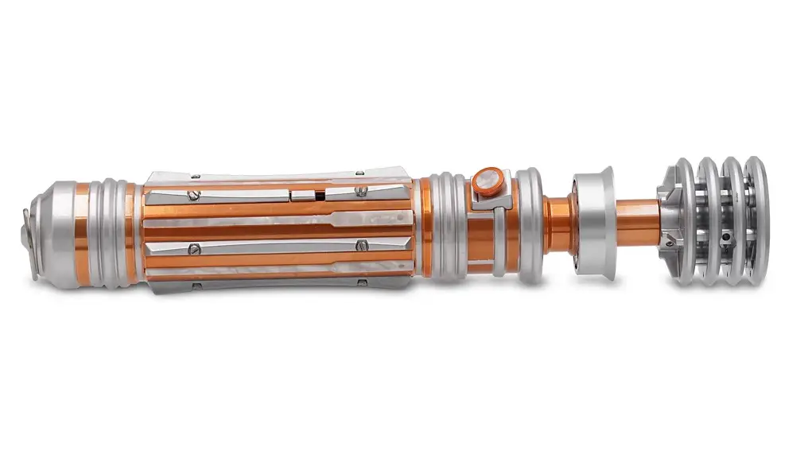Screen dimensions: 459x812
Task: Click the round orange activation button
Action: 487,181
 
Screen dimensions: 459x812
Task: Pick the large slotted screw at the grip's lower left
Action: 193,250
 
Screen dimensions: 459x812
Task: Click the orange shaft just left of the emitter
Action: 636,222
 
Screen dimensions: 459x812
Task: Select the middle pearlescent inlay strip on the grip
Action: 278,220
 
